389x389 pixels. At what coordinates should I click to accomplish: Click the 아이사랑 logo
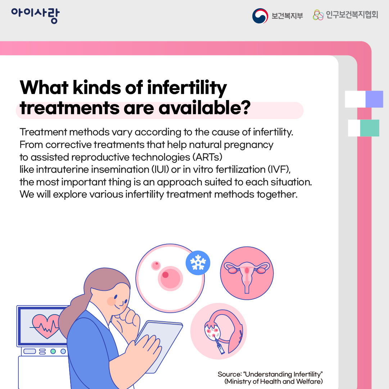(x=35, y=15)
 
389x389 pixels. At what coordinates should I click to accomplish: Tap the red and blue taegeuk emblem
(x=260, y=16)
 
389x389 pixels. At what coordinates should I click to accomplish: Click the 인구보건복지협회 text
(x=352, y=15)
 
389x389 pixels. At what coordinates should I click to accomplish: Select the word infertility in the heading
(x=187, y=88)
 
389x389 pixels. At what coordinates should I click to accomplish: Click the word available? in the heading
(x=205, y=108)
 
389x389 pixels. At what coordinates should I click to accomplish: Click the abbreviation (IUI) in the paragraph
(x=160, y=170)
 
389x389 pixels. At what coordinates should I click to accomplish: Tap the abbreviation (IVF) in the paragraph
(x=279, y=170)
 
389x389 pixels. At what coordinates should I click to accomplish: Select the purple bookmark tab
(x=374, y=99)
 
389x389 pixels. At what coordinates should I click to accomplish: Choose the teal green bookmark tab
(x=370, y=128)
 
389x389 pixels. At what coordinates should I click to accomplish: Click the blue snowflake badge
(x=198, y=263)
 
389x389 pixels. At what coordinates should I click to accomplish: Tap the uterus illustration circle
(x=247, y=273)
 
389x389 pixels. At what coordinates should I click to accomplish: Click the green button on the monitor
(x=53, y=351)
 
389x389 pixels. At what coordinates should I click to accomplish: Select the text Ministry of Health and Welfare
(x=273, y=381)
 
